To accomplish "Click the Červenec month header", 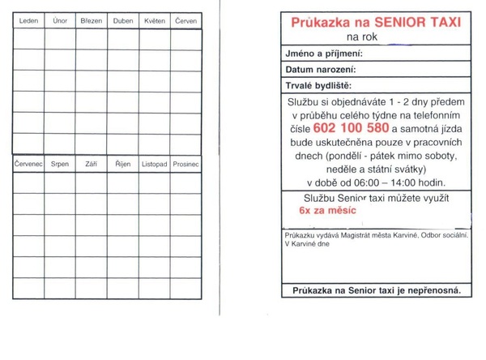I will [28, 164].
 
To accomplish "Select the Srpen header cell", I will [59, 164].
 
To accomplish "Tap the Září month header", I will [91, 164].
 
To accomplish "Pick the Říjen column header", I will [122, 164].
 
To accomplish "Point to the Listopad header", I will [154, 164].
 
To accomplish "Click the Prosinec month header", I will [185, 164].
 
